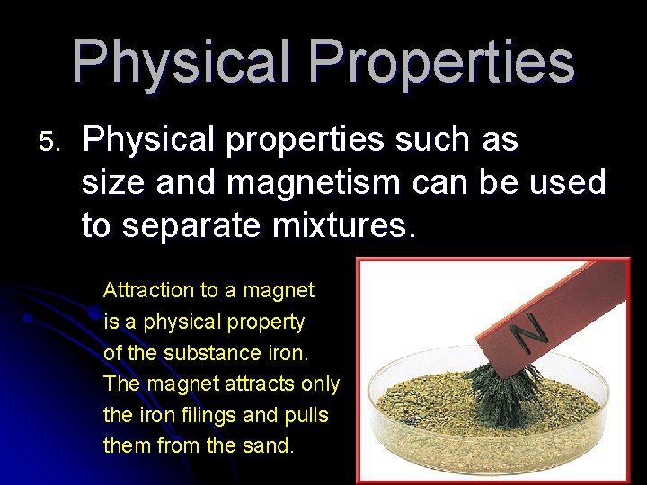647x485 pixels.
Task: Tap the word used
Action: click(566, 183)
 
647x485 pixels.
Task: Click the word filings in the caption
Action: click(182, 416)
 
